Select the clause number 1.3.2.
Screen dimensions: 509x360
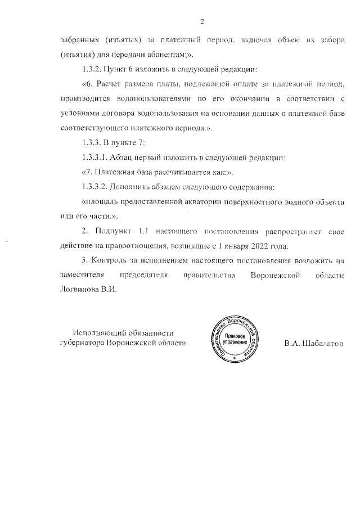(x=93, y=70)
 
